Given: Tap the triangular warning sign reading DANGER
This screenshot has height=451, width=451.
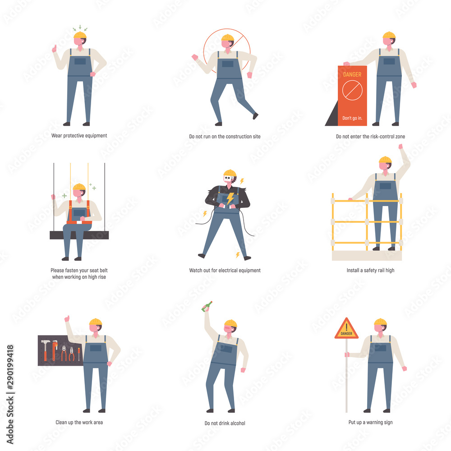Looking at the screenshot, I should coord(346,329).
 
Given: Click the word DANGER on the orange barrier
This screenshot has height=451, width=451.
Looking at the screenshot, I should coord(352,74).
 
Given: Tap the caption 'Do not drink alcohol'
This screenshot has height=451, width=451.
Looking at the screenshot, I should coord(225,423).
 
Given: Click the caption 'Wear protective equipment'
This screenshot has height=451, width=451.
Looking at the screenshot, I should coord(79,135).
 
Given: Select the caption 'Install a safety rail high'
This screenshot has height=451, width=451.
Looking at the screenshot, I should coord(370,271).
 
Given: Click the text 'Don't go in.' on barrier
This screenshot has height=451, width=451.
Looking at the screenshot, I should coord(352,118).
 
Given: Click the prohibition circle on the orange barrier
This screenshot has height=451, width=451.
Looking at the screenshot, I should coord(352,91).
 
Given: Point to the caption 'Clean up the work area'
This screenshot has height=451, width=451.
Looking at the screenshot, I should coord(79,423).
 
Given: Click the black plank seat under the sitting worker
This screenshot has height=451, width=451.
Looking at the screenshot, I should coord(79,235).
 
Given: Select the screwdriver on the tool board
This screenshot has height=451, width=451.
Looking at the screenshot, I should coord(78,353).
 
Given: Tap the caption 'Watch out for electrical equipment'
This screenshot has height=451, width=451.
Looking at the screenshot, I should coord(225,271).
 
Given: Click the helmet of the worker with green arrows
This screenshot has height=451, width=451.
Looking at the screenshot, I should coord(80,35).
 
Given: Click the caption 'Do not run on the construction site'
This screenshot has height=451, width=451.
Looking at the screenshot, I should coord(225,136).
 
